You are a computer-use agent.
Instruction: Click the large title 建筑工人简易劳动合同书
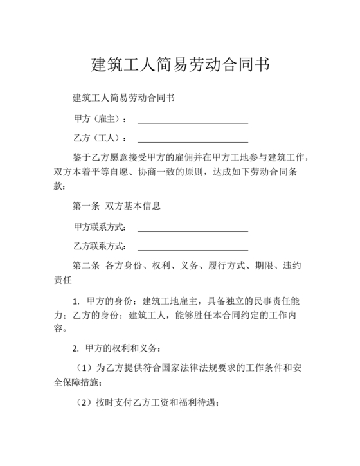pyautogui.click(x=180, y=65)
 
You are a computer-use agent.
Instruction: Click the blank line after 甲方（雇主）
pyautogui.click(x=193, y=121)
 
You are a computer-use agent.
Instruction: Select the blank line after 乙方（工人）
pyautogui.click(x=193, y=140)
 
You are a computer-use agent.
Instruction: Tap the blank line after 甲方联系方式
pyautogui.click(x=193, y=229)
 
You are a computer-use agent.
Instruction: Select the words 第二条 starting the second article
pyautogui.click(x=87, y=265)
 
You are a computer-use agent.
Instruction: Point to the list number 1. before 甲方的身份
pyautogui.click(x=76, y=301)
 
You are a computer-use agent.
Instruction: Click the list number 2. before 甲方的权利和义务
pyautogui.click(x=76, y=349)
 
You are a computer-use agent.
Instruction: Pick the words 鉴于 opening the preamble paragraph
pyautogui.click(x=83, y=158)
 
